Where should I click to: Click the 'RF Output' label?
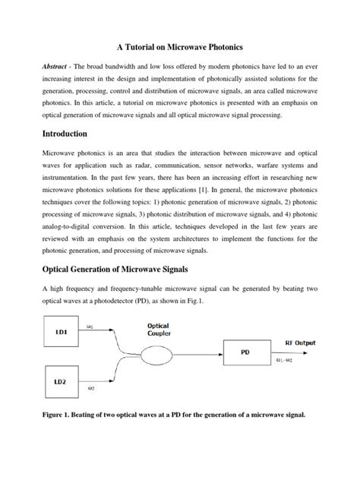(301, 343)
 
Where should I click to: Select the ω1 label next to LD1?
(90, 327)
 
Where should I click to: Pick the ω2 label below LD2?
(90, 389)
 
